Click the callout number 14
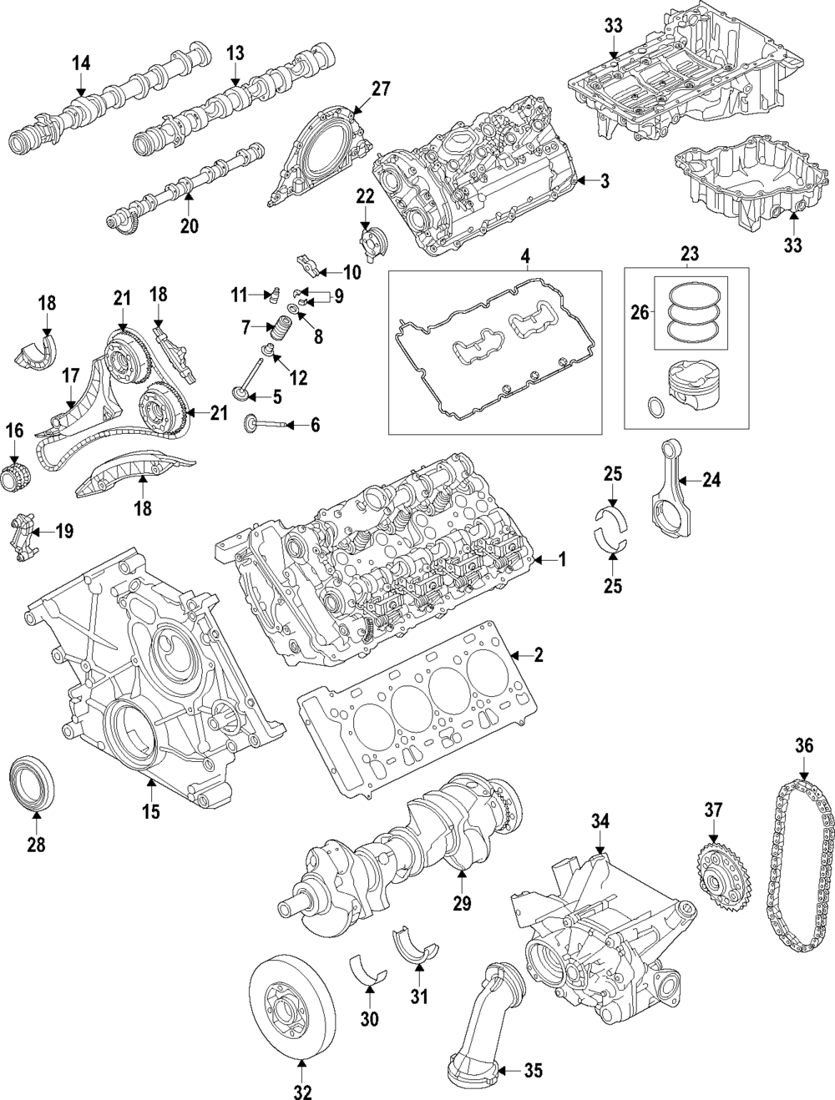[x=81, y=63]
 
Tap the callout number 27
[x=381, y=88]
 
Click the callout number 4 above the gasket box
[x=524, y=257]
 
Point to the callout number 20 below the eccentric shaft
[x=189, y=226]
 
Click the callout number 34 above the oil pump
[x=600, y=821]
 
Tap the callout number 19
[x=64, y=531]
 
